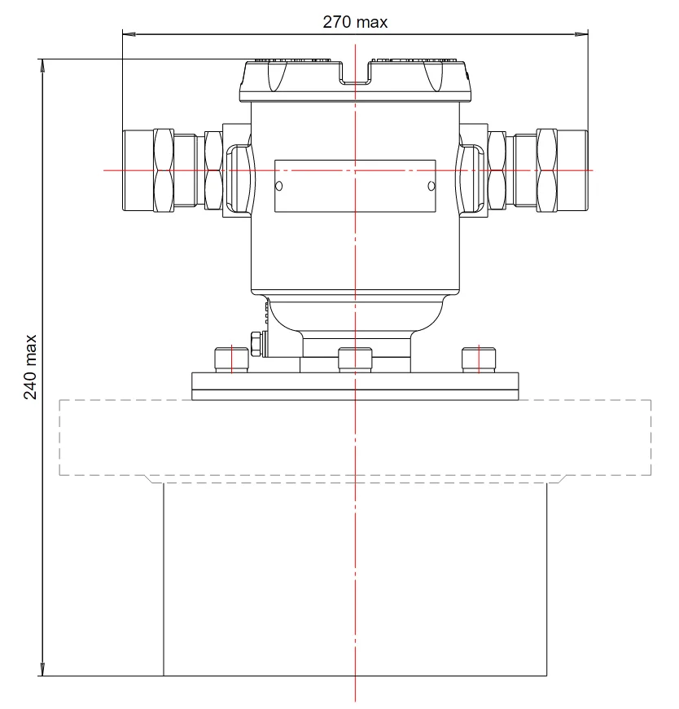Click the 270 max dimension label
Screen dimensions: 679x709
pyautogui.click(x=355, y=22)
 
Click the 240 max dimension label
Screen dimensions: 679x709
pyautogui.click(x=30, y=367)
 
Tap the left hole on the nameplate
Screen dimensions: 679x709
pyautogui.click(x=278, y=186)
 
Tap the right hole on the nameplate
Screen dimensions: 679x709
pyautogui.click(x=431, y=186)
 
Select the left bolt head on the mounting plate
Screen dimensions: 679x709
pyautogui.click(x=231, y=359)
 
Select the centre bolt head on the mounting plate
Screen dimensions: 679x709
pyautogui.click(x=355, y=359)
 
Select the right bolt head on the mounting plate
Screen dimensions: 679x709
pyautogui.click(x=479, y=359)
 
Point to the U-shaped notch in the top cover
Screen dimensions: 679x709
pyautogui.click(x=355, y=73)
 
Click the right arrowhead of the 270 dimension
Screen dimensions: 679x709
pyautogui.click(x=582, y=34)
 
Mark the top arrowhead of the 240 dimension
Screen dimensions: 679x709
pyautogui.click(x=42, y=65)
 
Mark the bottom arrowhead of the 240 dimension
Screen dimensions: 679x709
pyautogui.click(x=42, y=669)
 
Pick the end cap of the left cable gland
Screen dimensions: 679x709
pyautogui.click(x=138, y=170)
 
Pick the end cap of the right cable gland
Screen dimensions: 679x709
pyautogui.click(x=572, y=170)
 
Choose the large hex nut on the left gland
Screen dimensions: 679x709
pyautogui.click(x=164, y=170)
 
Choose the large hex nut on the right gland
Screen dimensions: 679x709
pyautogui.click(x=546, y=170)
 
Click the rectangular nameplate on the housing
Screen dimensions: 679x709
pyautogui.click(x=355, y=186)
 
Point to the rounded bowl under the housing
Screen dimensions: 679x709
pyautogui.click(x=355, y=316)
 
